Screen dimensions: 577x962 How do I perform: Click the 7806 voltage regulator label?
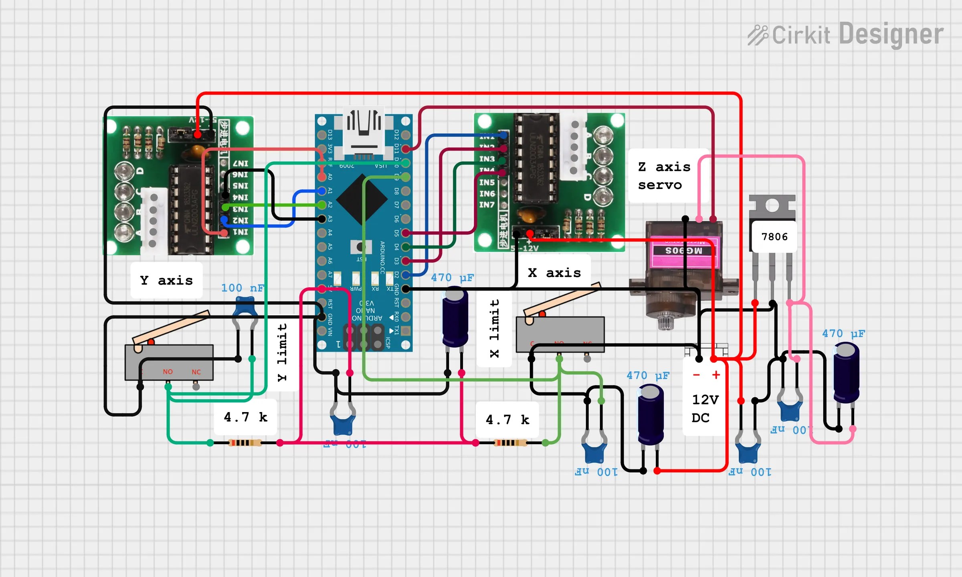pos(774,237)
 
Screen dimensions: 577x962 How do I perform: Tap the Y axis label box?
pos(166,280)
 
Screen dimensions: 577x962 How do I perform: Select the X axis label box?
pos(554,273)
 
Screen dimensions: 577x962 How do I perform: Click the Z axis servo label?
pos(664,176)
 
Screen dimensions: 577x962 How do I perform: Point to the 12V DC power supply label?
pos(705,408)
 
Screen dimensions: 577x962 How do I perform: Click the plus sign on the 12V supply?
pos(716,375)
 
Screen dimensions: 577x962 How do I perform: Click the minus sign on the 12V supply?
pos(696,375)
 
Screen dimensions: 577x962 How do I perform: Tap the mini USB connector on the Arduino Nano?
pos(364,132)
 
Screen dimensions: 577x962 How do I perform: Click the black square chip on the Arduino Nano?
pos(362,199)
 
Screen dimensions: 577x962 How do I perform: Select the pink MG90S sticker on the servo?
pos(683,251)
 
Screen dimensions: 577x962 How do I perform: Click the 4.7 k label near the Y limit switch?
pos(245,417)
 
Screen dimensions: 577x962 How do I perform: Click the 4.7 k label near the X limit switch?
pos(507,420)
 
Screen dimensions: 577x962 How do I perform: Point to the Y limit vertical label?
pos(283,352)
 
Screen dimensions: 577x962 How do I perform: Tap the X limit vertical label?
pos(495,328)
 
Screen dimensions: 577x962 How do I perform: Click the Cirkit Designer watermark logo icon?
pos(757,35)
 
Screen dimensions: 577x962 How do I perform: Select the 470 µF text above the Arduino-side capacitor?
pos(452,277)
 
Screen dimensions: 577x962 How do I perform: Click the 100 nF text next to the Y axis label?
pos(243,288)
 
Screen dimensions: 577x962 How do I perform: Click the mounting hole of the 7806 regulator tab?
pos(772,206)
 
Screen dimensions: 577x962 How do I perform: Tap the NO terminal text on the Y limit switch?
pos(168,372)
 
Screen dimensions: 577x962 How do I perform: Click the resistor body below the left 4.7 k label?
pos(245,443)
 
